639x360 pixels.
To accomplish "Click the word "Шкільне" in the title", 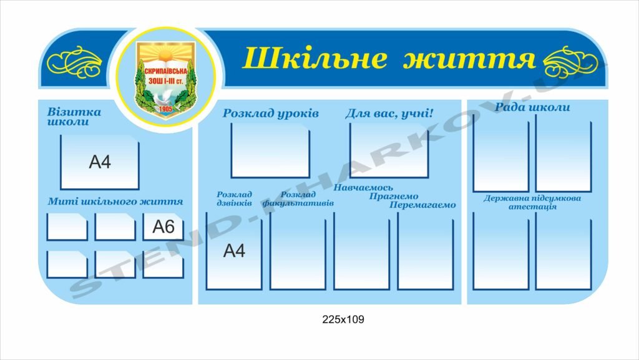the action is click(x=315, y=57).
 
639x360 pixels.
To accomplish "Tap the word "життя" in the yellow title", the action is click(x=469, y=58).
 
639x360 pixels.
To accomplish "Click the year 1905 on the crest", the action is click(x=165, y=109).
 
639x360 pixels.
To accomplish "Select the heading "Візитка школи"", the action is click(x=74, y=117).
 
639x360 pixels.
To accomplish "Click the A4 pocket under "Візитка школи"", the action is click(x=100, y=162).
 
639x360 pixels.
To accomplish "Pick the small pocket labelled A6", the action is click(x=163, y=227).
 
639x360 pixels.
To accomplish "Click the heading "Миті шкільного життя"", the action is click(x=115, y=201).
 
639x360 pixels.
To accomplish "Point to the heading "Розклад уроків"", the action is click(x=271, y=114).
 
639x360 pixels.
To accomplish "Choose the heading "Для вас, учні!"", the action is click(x=389, y=113).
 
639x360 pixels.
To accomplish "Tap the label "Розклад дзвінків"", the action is click(x=235, y=199).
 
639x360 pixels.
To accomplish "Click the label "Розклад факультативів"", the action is click(x=298, y=199).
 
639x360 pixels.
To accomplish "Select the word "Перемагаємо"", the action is click(x=422, y=205).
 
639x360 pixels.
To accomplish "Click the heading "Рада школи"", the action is click(x=532, y=107).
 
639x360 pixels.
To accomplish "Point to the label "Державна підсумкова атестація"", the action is click(x=532, y=202).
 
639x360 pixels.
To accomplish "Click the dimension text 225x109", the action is click(x=343, y=319).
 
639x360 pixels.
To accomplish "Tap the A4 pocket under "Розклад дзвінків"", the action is click(x=234, y=251).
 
